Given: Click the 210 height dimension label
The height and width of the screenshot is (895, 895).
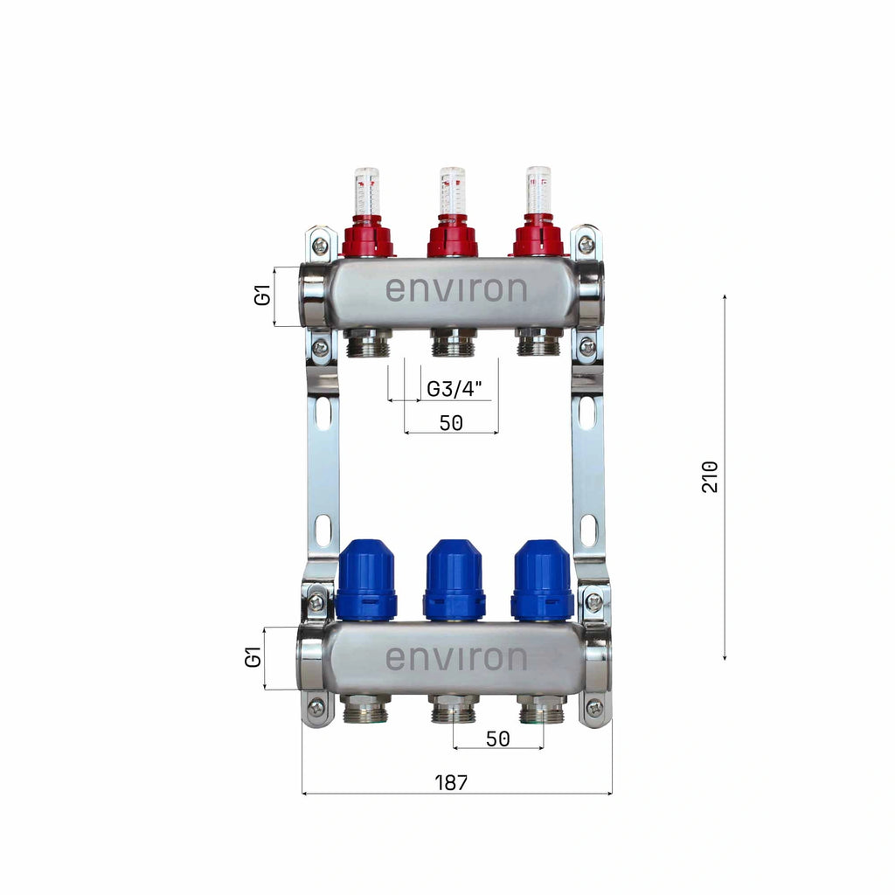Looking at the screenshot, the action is coord(710,476).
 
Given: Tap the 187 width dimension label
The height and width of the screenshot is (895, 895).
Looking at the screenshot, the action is coord(451,782).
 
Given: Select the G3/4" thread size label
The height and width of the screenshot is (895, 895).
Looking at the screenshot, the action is coord(454,389).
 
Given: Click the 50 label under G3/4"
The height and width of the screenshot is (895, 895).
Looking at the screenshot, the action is coord(451,423).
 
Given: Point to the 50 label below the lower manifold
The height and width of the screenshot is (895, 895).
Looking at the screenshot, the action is coord(497,739).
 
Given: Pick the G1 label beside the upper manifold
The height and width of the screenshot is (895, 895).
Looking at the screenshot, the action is coord(262,297).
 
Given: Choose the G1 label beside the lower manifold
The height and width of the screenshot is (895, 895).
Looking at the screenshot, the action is coord(253,657).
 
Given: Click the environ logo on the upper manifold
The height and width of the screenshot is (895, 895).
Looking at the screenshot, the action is coord(456,289).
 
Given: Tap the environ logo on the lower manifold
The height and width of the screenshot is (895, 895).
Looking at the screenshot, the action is coord(456,658).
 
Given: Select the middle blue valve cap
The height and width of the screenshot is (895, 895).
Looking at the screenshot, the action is coord(454,580).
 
